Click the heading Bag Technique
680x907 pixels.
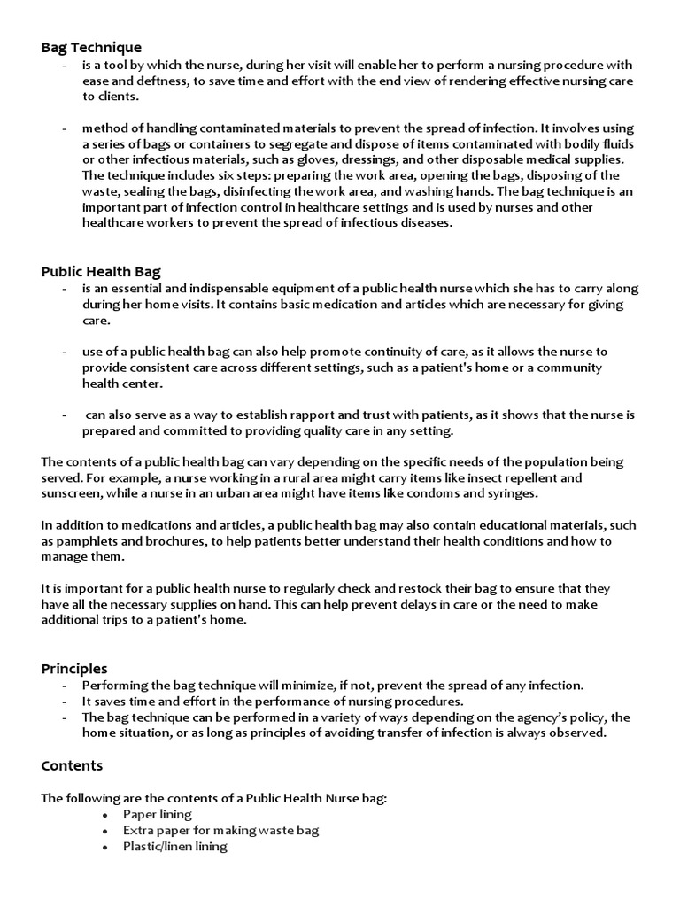click(x=91, y=47)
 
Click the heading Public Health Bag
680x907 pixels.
click(x=101, y=271)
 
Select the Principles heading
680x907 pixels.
click(x=74, y=668)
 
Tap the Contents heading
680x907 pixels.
click(x=72, y=765)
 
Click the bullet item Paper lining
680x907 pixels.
click(x=158, y=814)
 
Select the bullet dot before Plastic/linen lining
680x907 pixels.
click(x=104, y=847)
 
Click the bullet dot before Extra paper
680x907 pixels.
click(x=104, y=831)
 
